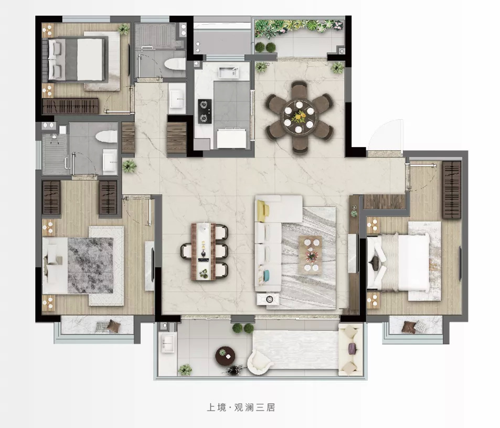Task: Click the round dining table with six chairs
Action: [299, 117]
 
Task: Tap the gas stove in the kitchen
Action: [205, 111]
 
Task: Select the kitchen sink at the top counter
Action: [228, 72]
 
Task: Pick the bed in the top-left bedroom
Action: [77, 60]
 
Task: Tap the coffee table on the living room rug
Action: [310, 255]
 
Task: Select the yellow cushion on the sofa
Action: [262, 211]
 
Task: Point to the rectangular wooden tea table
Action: [203, 252]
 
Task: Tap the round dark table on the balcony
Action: [225, 356]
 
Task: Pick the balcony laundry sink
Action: [167, 342]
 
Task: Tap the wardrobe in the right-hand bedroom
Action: [452, 190]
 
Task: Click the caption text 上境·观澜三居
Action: [241, 407]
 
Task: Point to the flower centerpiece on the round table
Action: [299, 117]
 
